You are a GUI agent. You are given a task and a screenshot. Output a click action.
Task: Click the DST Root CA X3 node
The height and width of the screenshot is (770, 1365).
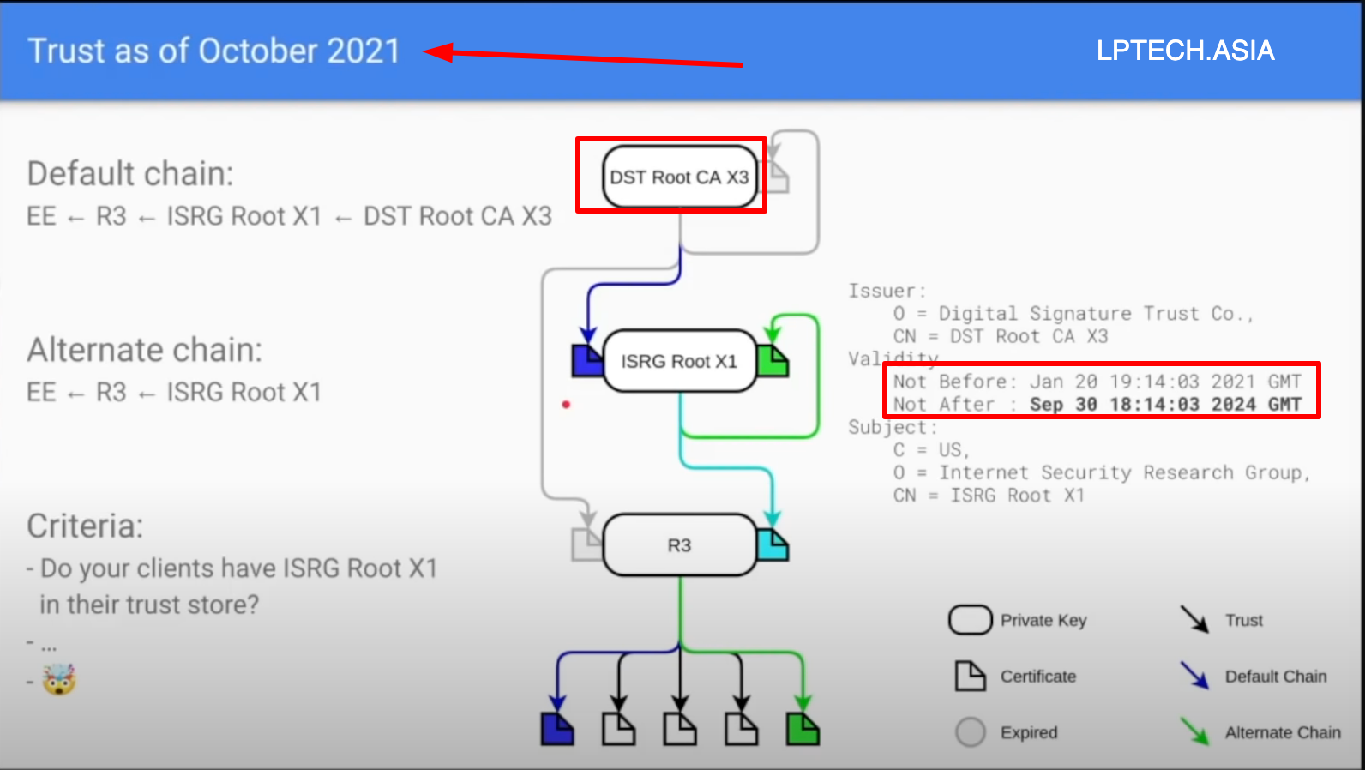click(679, 177)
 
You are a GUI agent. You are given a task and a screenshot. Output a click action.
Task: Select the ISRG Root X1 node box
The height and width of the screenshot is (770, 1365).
click(679, 361)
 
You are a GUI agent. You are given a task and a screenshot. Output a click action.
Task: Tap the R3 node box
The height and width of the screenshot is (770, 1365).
click(679, 545)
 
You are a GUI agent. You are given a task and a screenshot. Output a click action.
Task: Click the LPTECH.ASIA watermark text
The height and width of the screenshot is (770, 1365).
click(1185, 51)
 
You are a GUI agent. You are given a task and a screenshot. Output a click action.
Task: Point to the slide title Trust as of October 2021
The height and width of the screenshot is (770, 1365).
click(213, 51)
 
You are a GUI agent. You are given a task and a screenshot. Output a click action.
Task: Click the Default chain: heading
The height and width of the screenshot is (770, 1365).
click(130, 174)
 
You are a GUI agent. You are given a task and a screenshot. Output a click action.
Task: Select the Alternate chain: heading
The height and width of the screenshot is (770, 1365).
click(144, 350)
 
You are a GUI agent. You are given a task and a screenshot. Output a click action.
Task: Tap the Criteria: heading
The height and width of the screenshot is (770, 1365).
click(85, 526)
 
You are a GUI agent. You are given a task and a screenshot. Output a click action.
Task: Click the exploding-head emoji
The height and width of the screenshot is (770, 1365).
click(59, 680)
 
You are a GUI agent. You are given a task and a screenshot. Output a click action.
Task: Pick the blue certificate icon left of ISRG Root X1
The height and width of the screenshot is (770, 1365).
click(587, 360)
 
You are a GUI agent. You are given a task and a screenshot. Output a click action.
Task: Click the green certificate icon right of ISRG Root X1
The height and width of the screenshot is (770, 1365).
click(773, 361)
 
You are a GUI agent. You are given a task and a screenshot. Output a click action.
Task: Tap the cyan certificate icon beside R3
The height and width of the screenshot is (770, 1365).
click(773, 544)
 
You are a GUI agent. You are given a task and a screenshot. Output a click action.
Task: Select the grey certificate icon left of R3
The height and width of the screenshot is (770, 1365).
click(586, 545)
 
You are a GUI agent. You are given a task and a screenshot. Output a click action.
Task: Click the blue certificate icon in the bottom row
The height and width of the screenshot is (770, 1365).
click(557, 729)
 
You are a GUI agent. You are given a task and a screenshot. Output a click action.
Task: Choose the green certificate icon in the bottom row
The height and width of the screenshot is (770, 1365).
click(803, 729)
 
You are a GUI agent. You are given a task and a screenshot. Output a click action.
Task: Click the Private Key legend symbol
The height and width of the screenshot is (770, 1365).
click(970, 620)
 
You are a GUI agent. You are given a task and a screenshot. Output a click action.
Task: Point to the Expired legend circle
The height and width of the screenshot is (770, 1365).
click(971, 732)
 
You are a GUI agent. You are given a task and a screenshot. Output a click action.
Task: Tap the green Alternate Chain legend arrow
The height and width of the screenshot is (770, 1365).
click(1194, 731)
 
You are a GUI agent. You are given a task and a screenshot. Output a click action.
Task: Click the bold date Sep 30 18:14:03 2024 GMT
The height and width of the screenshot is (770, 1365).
click(1165, 404)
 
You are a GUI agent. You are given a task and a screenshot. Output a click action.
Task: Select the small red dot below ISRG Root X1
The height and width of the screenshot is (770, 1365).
click(566, 404)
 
